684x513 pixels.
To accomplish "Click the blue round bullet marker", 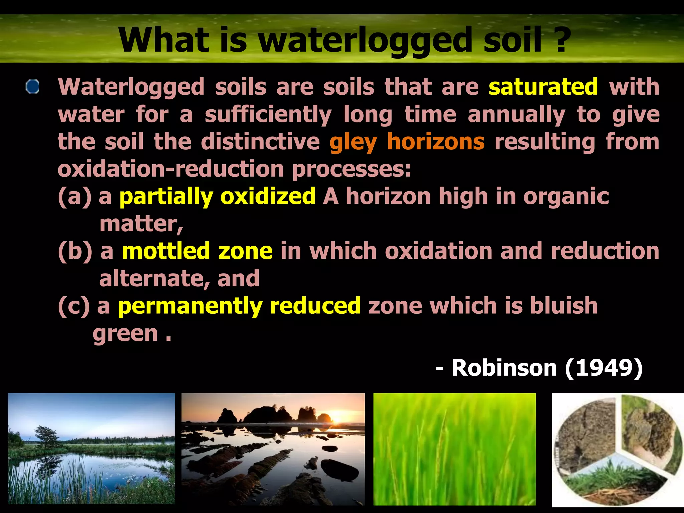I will point(33,87).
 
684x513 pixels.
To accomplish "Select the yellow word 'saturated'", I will point(543,87).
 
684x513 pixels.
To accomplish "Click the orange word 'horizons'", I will point(436,141).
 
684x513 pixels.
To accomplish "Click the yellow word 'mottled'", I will point(166,251).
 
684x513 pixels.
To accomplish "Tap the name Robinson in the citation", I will point(504,368).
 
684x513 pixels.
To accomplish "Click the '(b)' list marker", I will point(75,251).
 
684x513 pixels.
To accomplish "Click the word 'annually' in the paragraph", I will point(516,115).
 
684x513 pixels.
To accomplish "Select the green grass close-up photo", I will point(454,449).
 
